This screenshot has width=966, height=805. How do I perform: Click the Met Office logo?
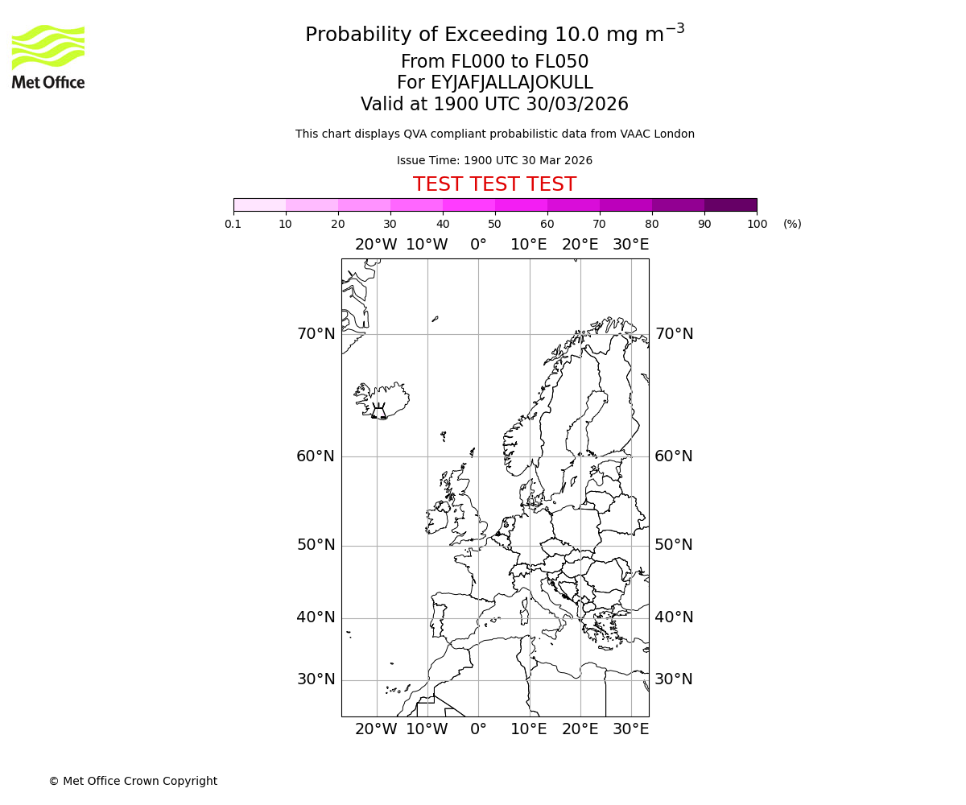(x=48, y=56)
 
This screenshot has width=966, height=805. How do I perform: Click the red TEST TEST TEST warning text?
(x=494, y=184)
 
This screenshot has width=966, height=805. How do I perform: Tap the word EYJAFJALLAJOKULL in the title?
(x=512, y=83)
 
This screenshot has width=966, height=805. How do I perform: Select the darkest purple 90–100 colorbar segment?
(x=730, y=204)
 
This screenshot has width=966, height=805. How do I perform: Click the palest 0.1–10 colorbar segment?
(x=259, y=204)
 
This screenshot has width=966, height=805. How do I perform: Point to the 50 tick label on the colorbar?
(x=494, y=224)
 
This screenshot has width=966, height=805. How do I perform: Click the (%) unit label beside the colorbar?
(x=792, y=224)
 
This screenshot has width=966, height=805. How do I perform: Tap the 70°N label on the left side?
(x=316, y=334)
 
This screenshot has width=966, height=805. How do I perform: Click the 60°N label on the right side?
(x=674, y=456)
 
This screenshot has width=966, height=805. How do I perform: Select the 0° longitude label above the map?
(x=478, y=245)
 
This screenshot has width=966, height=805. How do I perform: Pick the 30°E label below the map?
(x=630, y=729)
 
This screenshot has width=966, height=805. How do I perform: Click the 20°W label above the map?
(x=376, y=245)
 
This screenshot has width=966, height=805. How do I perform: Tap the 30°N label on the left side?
(x=316, y=679)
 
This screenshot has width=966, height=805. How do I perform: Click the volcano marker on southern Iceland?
(x=378, y=412)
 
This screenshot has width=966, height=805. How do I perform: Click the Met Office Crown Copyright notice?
(x=133, y=781)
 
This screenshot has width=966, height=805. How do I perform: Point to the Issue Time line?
(x=494, y=160)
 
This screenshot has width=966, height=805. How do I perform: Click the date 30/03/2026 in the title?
(x=577, y=104)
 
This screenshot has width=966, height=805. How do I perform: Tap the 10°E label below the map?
(x=529, y=729)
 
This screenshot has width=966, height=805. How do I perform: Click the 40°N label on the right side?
(x=674, y=617)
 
